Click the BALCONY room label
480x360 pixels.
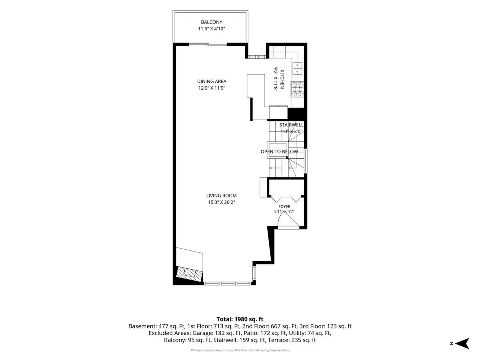point(212,22)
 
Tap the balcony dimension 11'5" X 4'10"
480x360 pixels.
point(212,29)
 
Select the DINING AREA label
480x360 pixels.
point(212,81)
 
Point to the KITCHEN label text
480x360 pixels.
point(282,79)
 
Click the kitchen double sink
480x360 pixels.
point(298,68)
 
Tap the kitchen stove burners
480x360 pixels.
point(297,89)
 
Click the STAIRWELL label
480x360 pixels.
point(291,125)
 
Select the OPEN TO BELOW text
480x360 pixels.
point(279,152)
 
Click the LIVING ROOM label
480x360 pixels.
point(221,196)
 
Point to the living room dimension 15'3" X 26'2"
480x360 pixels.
point(221,202)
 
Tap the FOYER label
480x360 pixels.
point(284,206)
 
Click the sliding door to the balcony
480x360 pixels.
point(208,44)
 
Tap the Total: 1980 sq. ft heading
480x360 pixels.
point(240,319)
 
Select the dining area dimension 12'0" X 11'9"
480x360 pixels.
point(212,88)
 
